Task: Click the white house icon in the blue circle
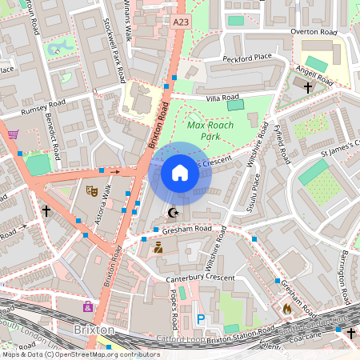180,173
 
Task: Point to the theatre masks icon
91,190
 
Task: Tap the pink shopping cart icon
13,134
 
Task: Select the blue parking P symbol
201,319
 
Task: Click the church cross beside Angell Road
307,89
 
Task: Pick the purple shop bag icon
87,306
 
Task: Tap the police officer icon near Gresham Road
158,248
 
